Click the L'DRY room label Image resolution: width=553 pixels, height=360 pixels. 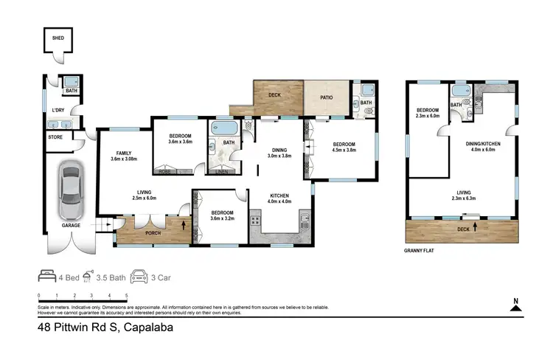pyautogui.click(x=57, y=111)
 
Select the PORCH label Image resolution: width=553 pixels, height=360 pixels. pyautogui.click(x=152, y=233)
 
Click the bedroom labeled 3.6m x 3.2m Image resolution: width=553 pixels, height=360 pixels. pyautogui.click(x=221, y=215)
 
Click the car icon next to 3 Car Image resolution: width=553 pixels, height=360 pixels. pyautogui.click(x=139, y=277)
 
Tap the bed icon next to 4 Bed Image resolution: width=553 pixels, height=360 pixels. pyautogui.click(x=47, y=277)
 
